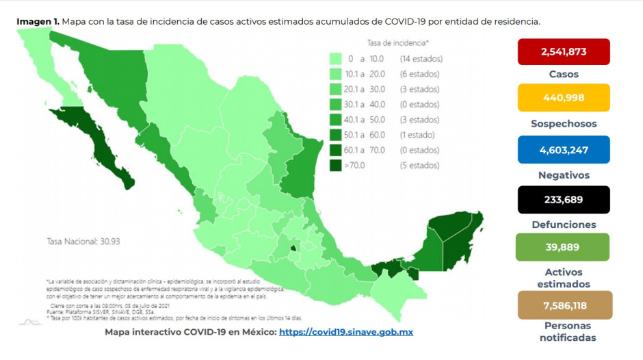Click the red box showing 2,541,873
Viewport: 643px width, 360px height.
[x=563, y=51]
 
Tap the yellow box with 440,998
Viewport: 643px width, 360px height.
[x=563, y=97]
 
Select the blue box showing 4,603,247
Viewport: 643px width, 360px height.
[x=563, y=149]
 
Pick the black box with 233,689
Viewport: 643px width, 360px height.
[x=563, y=199]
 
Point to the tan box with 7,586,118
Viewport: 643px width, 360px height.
[x=564, y=305]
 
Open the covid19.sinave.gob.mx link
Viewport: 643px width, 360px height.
[x=346, y=332]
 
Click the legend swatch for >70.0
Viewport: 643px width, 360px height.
[x=335, y=165]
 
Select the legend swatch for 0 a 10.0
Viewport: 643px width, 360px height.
[x=335, y=59]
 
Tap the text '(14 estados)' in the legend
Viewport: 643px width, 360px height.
[x=420, y=59]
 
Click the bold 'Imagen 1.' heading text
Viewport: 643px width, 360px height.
[x=38, y=21]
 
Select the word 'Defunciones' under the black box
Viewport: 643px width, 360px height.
[x=563, y=224]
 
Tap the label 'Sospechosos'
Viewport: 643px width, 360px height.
[x=563, y=124]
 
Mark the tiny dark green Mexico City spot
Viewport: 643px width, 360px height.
[x=293, y=248]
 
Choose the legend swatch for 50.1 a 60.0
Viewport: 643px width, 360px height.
[x=335, y=135]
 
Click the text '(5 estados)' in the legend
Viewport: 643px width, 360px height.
[x=418, y=165]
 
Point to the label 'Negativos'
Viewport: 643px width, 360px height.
[x=563, y=175]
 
